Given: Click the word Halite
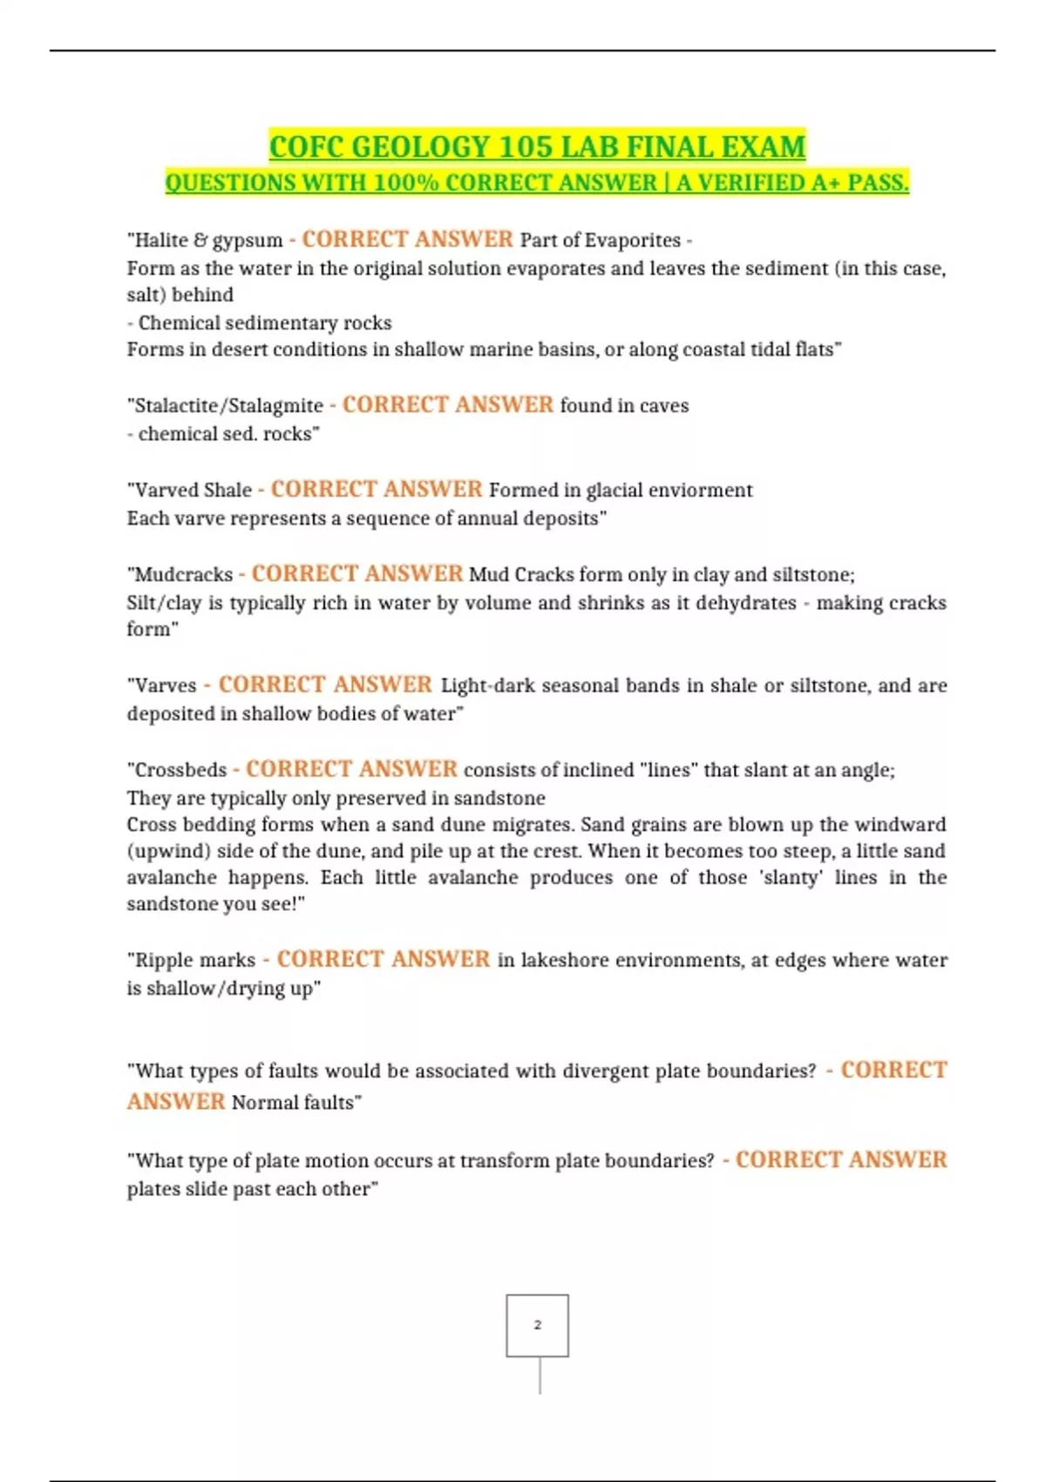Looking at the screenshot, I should coord(162,240).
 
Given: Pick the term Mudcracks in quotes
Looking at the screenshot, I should coord(184,574).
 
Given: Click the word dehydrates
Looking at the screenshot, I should coord(745,602).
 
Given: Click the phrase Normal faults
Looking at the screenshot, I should coord(295,1102).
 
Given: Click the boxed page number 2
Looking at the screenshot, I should coord(537,1325).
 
